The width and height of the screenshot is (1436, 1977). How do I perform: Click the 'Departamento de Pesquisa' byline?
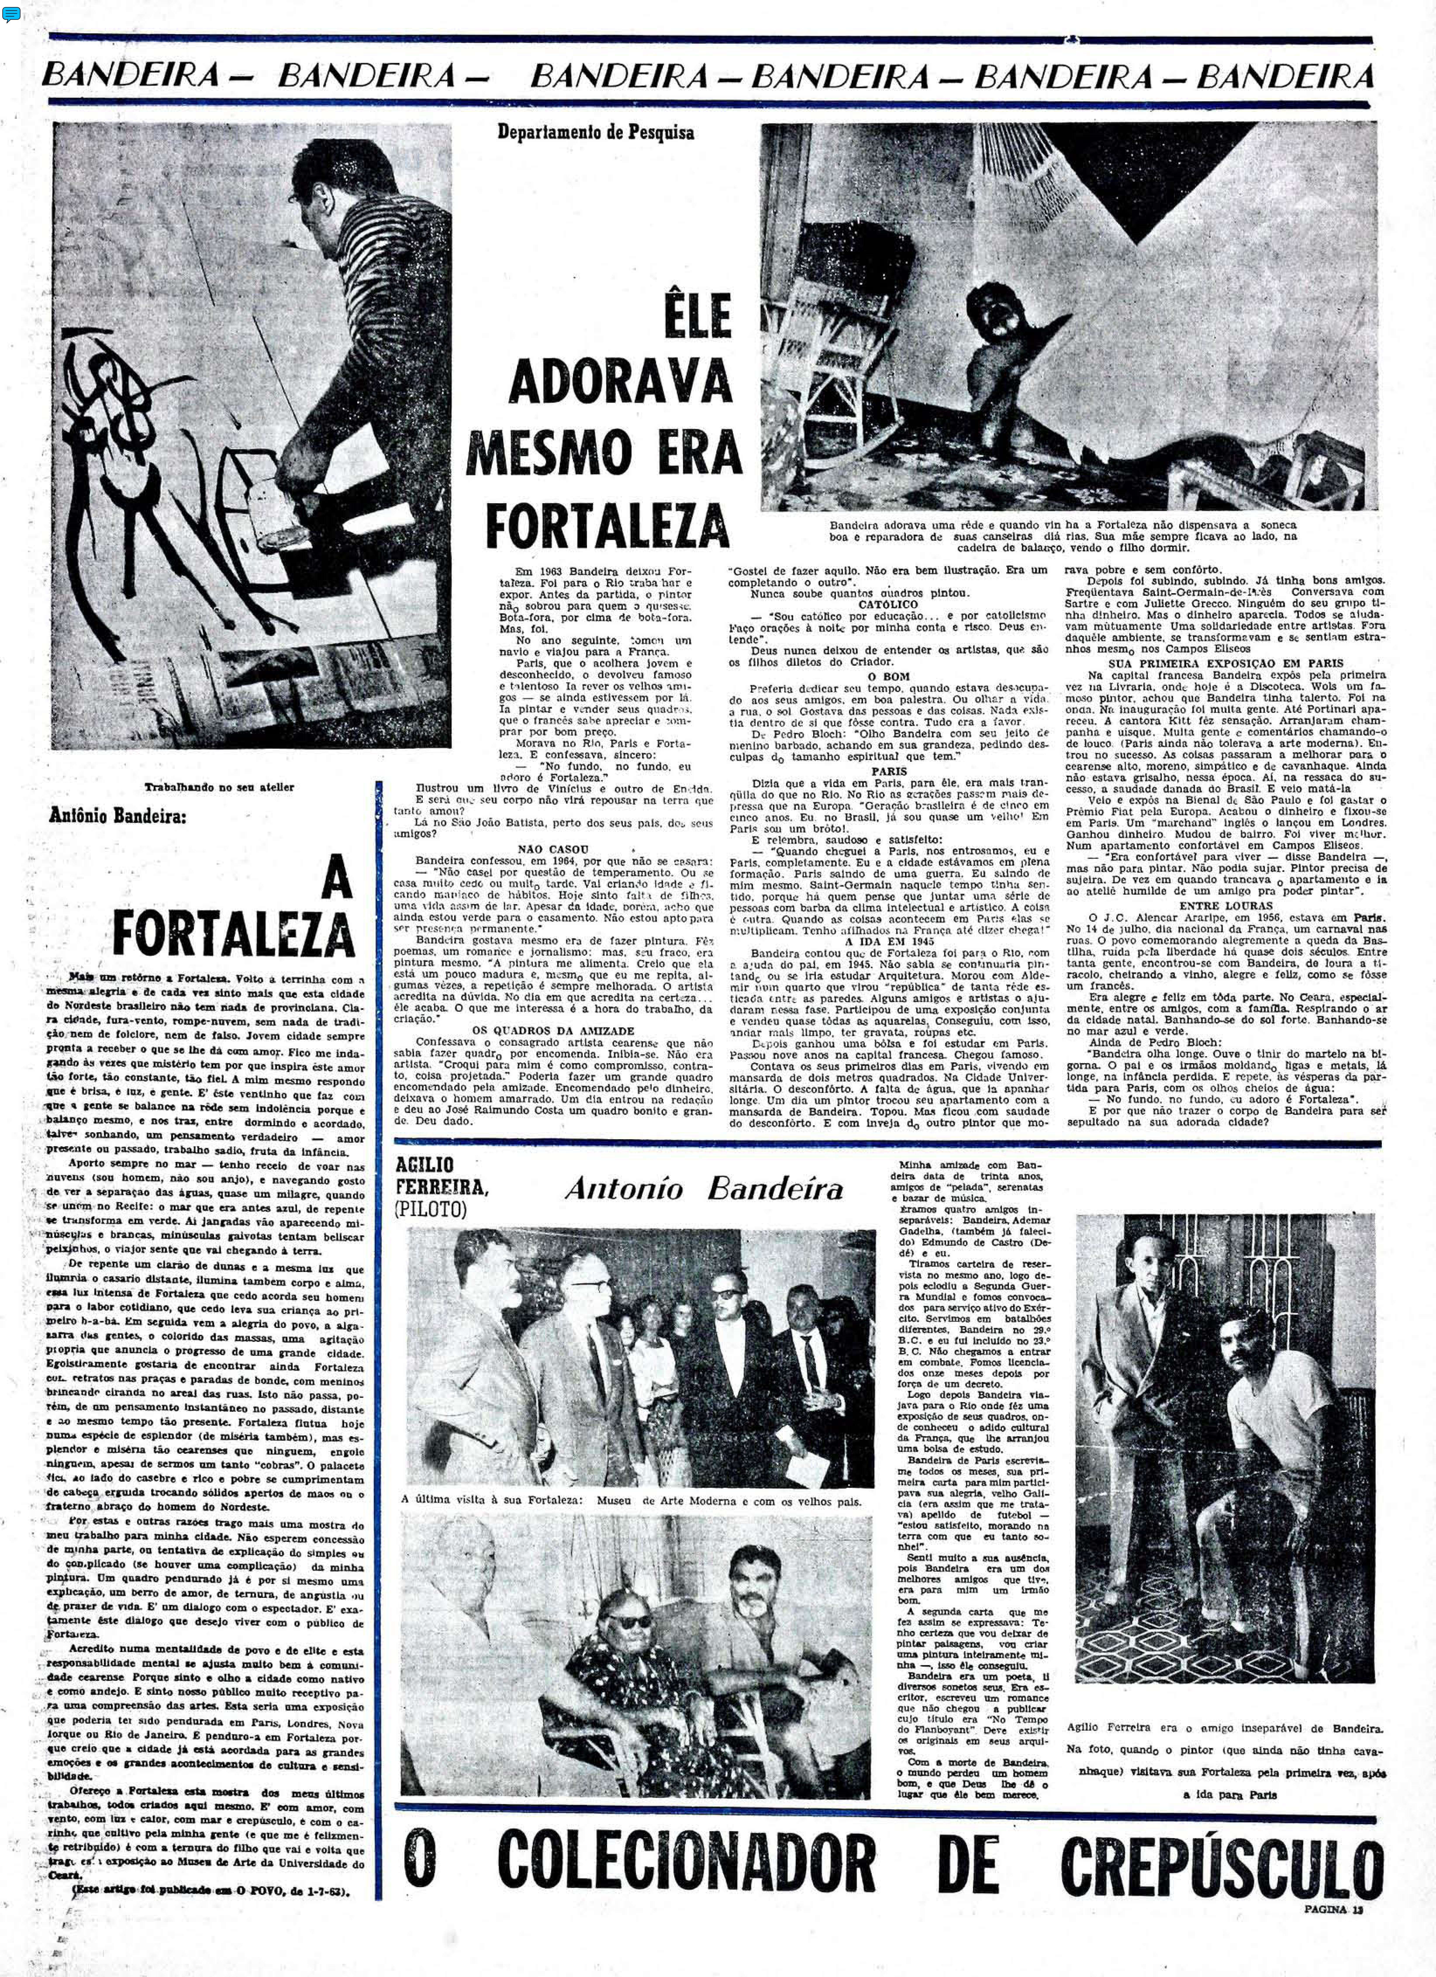(596, 133)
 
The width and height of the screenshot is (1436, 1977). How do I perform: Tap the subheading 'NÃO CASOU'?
(553, 848)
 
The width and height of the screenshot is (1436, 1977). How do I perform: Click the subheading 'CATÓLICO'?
(888, 603)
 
